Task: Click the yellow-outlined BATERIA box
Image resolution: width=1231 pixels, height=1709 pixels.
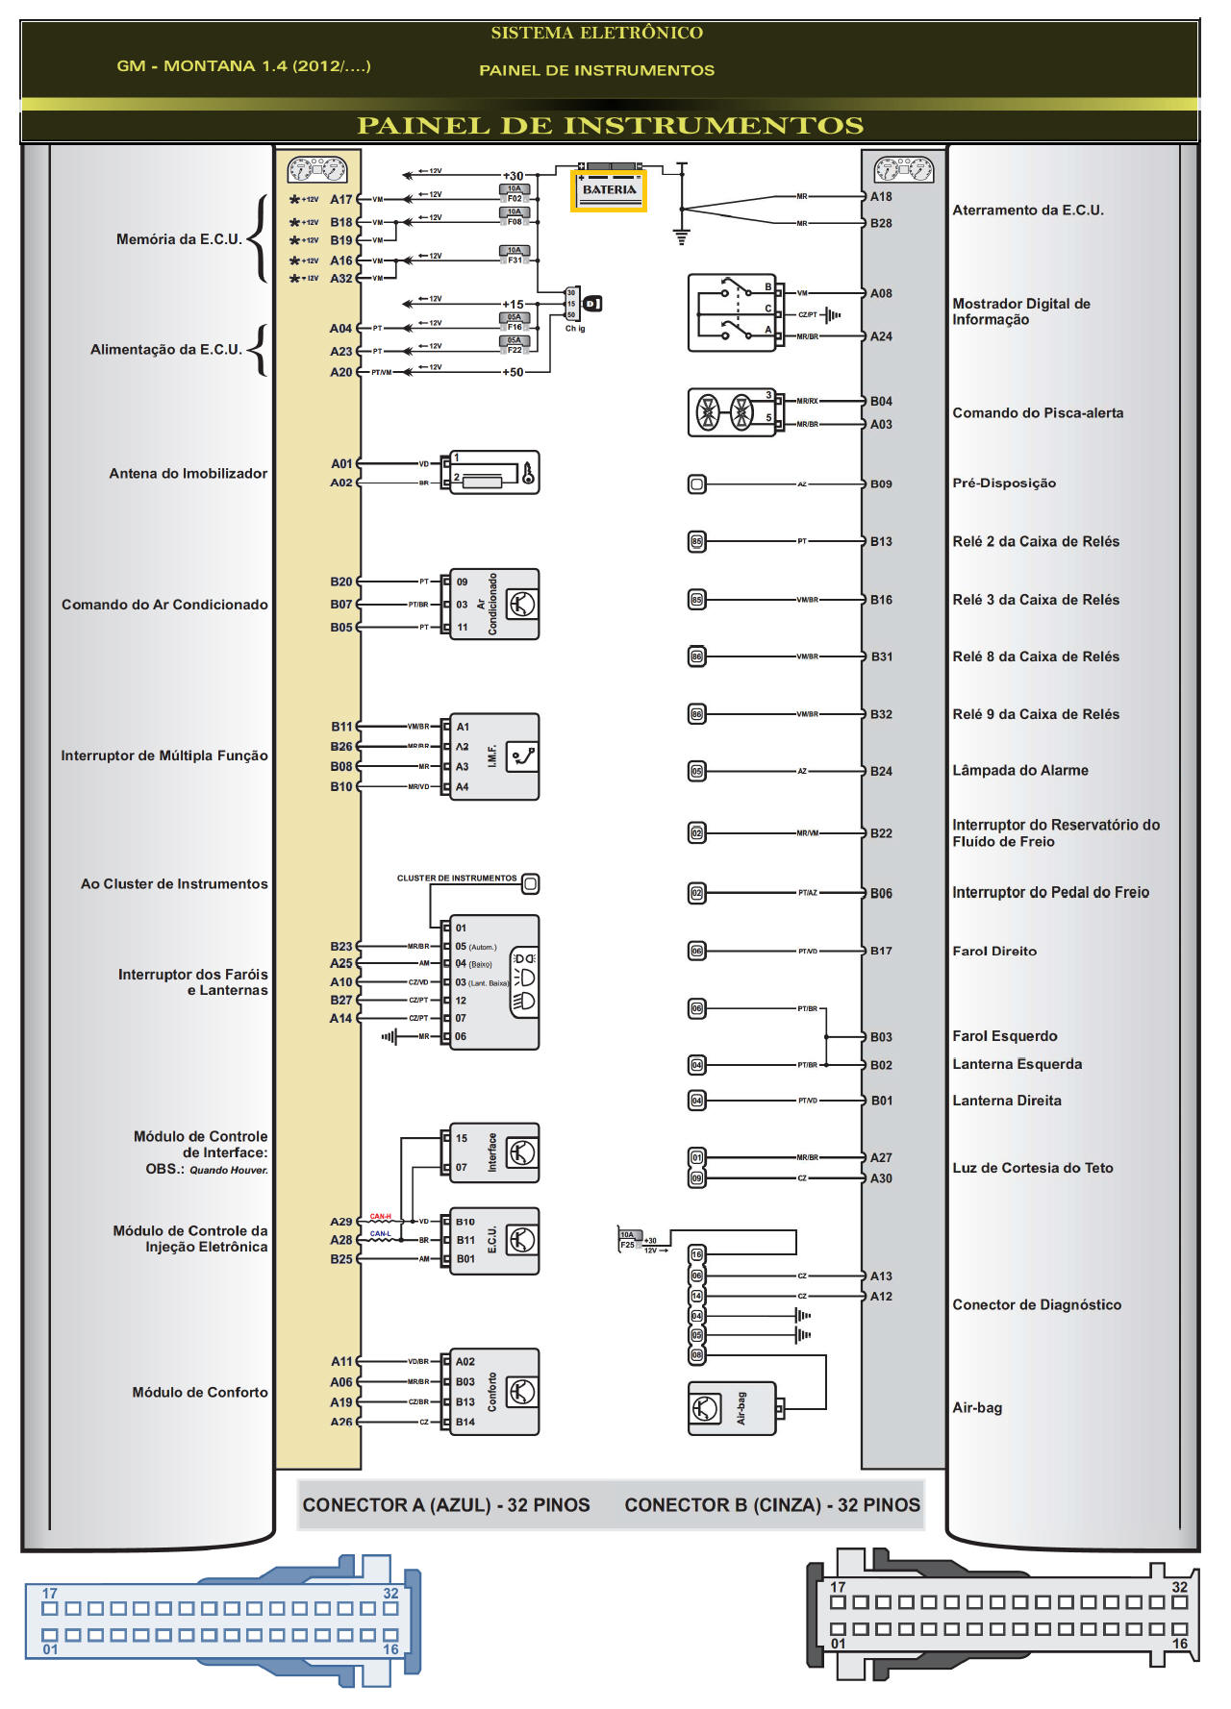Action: pyautogui.click(x=609, y=190)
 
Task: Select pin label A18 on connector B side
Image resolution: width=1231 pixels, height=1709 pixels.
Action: pyautogui.click(x=881, y=196)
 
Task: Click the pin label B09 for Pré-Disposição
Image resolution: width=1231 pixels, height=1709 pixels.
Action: pyautogui.click(x=881, y=483)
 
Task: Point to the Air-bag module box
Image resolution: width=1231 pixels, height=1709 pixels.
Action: pyautogui.click(x=732, y=1408)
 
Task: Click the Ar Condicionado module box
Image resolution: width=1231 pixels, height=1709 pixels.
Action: pyautogui.click(x=494, y=605)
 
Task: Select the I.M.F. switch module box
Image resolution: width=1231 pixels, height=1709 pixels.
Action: pyautogui.click(x=494, y=756)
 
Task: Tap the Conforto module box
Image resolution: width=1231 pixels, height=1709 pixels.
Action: pyautogui.click(x=494, y=1391)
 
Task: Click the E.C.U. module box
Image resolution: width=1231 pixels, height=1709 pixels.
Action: pyautogui.click(x=494, y=1240)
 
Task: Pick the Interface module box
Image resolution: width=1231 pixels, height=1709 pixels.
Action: pyautogui.click(x=494, y=1152)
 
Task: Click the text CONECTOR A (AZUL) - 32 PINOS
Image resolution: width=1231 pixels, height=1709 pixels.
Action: pyautogui.click(x=446, y=1505)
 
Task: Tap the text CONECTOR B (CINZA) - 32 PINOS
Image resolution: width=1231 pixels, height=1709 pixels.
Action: pyautogui.click(x=772, y=1505)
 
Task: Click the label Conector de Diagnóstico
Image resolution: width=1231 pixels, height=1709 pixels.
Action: pyautogui.click(x=1036, y=1304)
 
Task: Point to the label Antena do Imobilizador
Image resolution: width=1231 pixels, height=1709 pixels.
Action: pyautogui.click(x=188, y=473)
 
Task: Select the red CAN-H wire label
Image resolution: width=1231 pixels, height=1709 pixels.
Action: pyautogui.click(x=380, y=1217)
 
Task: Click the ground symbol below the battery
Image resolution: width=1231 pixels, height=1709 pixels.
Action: pyautogui.click(x=682, y=236)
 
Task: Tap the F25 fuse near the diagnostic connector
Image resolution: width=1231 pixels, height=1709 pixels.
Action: pyautogui.click(x=628, y=1240)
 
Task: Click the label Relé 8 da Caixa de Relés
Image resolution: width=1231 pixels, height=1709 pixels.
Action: pyautogui.click(x=1035, y=656)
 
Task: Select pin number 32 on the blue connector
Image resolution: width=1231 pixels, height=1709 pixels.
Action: pyautogui.click(x=390, y=1593)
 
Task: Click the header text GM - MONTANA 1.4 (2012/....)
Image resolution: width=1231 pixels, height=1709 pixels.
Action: pyautogui.click(x=243, y=66)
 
